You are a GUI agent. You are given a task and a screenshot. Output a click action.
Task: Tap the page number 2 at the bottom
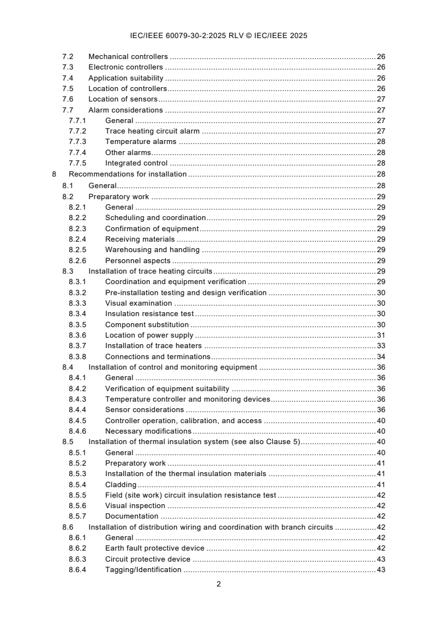219,584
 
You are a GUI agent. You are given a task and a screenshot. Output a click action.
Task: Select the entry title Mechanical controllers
128,57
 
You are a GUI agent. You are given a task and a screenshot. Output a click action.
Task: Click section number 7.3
67,67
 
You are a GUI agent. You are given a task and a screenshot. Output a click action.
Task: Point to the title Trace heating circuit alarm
152,131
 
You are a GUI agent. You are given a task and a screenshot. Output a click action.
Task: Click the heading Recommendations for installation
128,174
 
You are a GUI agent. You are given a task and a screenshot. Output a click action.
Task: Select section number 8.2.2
77,218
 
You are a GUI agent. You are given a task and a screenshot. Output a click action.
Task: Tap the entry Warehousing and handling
152,250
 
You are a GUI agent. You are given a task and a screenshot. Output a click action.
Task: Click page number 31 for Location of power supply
381,335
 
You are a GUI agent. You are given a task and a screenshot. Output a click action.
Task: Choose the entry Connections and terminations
157,357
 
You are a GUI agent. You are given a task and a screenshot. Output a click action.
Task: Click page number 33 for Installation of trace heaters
381,346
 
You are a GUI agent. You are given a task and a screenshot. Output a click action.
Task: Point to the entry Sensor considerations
145,410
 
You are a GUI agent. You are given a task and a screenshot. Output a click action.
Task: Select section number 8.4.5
77,420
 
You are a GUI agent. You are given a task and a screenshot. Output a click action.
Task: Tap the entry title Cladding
121,484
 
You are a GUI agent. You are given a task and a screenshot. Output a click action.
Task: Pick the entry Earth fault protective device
155,548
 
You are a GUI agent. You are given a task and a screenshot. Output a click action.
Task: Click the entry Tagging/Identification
143,570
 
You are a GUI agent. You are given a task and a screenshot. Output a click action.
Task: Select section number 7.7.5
77,163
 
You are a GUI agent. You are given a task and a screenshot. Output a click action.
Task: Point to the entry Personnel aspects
138,261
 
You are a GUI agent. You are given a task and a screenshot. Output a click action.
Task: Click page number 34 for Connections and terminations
381,357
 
